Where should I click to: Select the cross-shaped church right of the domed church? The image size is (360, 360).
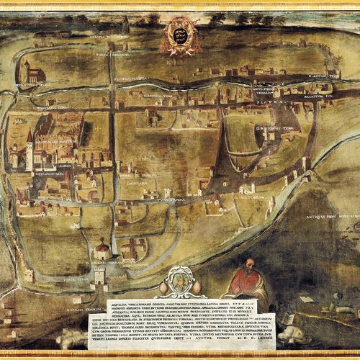(133, 250)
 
